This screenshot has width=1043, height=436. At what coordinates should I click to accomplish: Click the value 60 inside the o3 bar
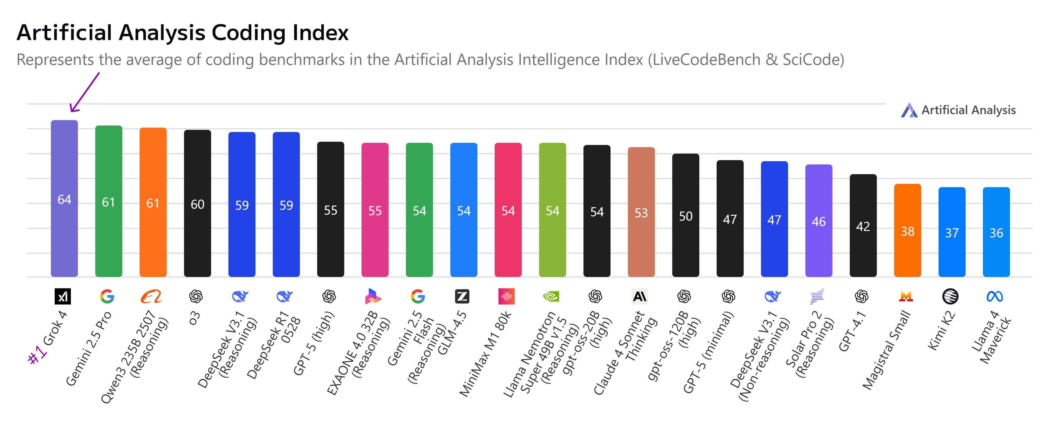(x=198, y=204)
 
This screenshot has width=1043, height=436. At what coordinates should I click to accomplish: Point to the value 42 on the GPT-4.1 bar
(x=863, y=226)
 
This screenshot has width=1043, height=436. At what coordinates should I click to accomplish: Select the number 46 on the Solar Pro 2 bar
(x=818, y=222)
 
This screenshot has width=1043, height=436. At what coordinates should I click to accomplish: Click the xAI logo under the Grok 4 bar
(x=63, y=296)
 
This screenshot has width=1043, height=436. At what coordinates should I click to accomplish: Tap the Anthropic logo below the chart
(x=640, y=296)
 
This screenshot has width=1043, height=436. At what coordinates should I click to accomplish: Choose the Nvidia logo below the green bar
(x=551, y=296)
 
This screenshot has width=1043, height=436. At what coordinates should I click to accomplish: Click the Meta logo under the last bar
(x=995, y=297)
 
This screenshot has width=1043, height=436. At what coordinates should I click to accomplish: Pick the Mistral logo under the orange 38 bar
(x=906, y=297)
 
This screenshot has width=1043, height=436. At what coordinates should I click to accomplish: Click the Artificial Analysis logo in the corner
(x=909, y=110)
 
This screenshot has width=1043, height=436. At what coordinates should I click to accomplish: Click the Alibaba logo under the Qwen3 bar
(x=151, y=296)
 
